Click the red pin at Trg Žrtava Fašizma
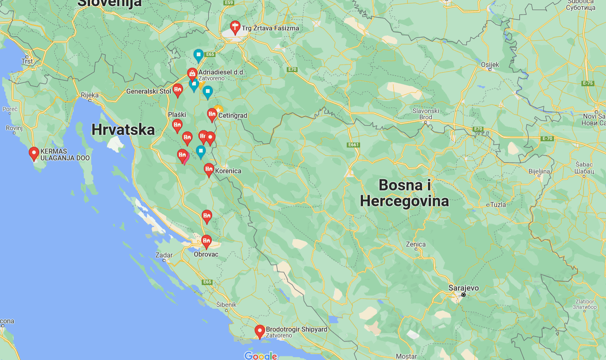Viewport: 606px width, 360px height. click(x=235, y=27)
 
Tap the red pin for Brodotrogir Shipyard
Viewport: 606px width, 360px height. click(x=260, y=332)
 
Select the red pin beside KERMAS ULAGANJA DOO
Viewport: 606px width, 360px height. click(x=34, y=154)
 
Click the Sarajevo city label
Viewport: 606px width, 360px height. click(x=463, y=288)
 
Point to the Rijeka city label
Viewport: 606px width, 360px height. click(x=90, y=95)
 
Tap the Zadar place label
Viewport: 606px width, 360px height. click(x=164, y=255)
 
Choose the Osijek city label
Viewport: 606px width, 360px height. click(x=490, y=65)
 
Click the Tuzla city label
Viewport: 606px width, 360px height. click(x=498, y=205)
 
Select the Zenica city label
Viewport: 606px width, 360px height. click(x=416, y=245)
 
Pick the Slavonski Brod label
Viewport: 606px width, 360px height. click(x=426, y=114)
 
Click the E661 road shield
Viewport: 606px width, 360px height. click(x=353, y=145)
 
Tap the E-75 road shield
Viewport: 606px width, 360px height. click(x=588, y=83)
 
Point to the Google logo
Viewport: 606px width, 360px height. click(x=261, y=355)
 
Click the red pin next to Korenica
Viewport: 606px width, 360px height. click(x=209, y=169)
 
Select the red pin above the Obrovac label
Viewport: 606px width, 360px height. click(x=206, y=241)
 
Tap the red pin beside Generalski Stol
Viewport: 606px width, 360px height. click(x=178, y=90)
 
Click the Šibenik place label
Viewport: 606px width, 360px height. click(x=226, y=305)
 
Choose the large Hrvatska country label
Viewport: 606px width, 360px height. click(x=123, y=130)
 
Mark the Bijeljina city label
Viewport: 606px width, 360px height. click(x=539, y=171)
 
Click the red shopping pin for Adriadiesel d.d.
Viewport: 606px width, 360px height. click(x=192, y=74)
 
